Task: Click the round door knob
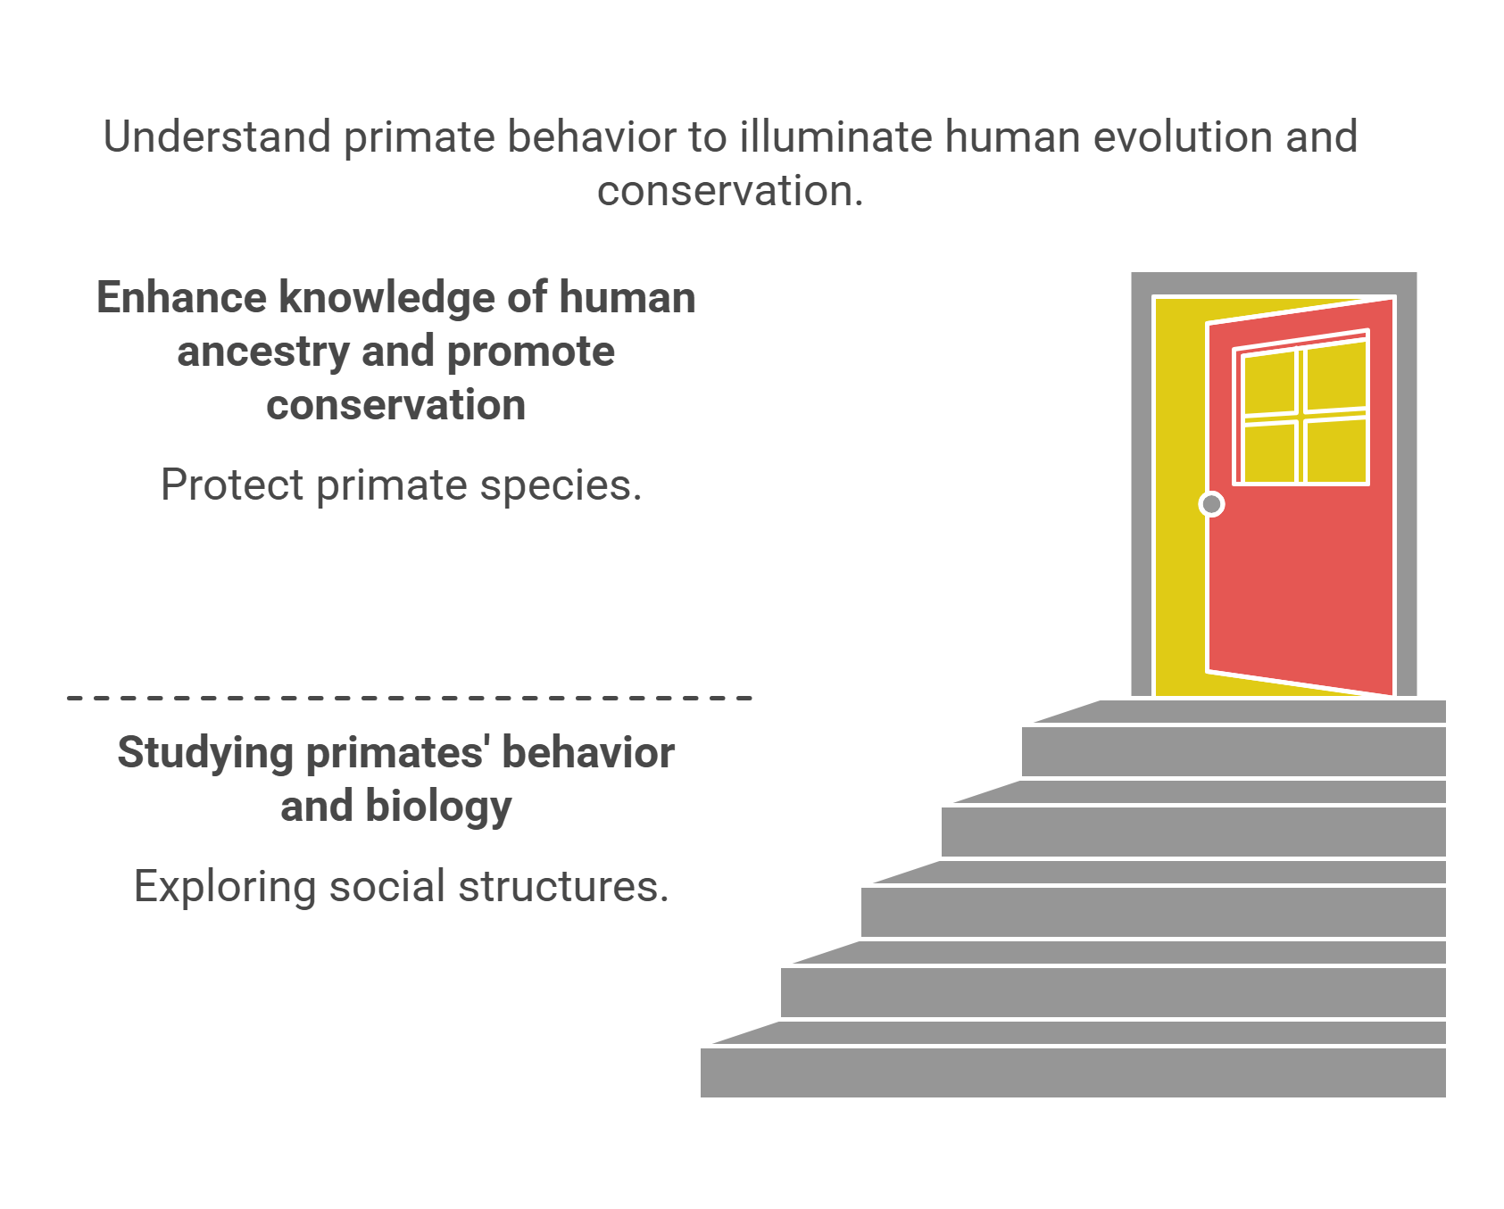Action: click(1211, 504)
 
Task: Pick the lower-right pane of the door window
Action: click(1335, 451)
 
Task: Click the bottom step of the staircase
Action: click(1071, 1072)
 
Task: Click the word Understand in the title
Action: click(217, 137)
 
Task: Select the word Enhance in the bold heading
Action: click(181, 298)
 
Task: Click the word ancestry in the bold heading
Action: click(262, 352)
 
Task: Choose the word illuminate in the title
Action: click(835, 137)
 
